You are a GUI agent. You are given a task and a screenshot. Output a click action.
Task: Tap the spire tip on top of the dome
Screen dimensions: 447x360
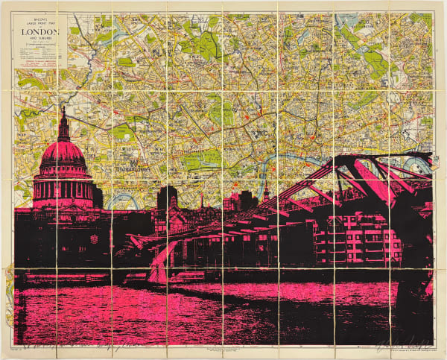tap(63, 110)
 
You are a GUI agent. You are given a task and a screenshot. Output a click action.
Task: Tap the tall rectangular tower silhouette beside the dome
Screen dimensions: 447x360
tap(167, 198)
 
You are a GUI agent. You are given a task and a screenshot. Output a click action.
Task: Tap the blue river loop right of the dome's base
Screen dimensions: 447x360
tap(119, 201)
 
